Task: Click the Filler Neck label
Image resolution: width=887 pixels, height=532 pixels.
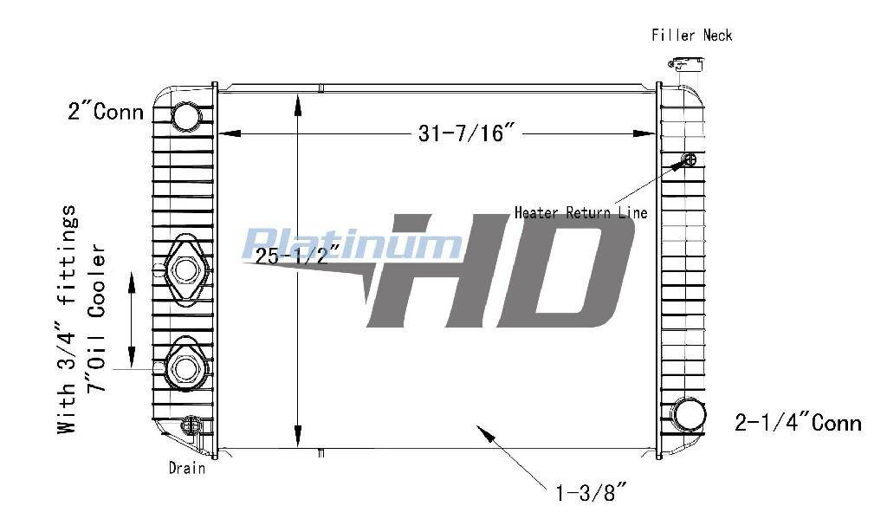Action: (x=692, y=36)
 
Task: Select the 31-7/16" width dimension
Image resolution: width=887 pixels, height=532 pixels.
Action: (x=466, y=133)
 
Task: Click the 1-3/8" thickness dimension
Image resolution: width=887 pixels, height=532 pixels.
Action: (x=591, y=492)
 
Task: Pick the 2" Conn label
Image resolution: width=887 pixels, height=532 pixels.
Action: (x=106, y=112)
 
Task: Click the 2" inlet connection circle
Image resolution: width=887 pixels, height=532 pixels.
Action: (x=185, y=117)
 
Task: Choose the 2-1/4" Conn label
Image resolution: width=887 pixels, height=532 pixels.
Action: (x=798, y=422)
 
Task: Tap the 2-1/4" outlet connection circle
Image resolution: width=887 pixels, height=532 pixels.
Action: (x=690, y=414)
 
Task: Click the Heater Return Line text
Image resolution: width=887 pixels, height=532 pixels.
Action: (x=581, y=213)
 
